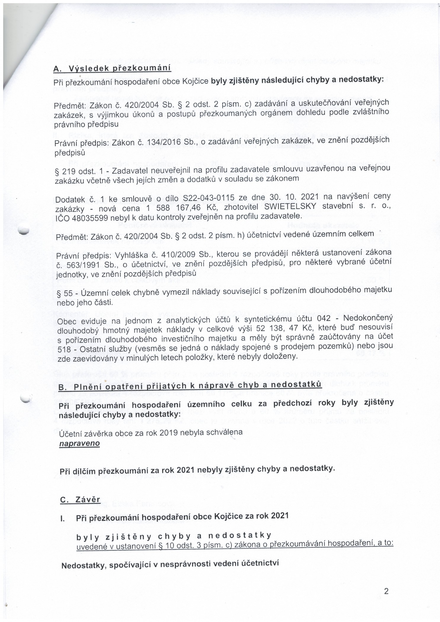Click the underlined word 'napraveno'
tap(79, 443)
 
